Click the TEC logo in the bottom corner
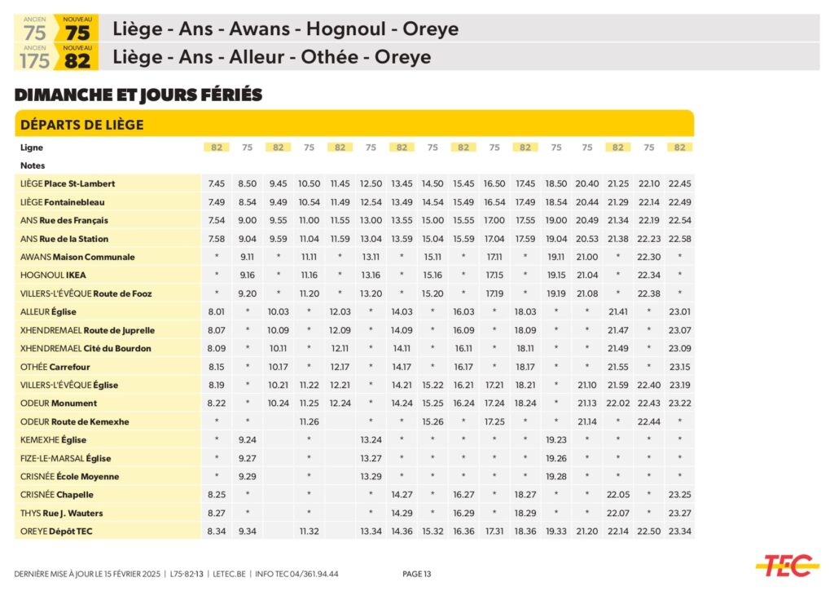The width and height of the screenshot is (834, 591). coord(786,564)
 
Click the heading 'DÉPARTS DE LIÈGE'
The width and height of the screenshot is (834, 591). coord(81,125)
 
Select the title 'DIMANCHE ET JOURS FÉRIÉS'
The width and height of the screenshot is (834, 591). coord(138,95)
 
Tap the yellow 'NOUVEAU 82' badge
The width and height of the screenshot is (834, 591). coord(77,59)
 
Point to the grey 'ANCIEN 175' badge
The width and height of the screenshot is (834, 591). coord(35,59)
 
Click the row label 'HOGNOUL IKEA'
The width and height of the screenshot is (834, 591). coord(53,276)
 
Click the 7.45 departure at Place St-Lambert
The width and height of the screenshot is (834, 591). coord(216,184)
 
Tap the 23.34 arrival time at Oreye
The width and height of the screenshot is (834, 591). coord(679,531)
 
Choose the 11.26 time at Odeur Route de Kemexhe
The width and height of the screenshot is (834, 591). coord(309,422)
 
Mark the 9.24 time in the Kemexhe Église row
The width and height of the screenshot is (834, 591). coord(248,440)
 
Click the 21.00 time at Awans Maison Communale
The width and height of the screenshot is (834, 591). coord(586,258)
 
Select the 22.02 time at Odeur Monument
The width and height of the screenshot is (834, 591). coord(617,404)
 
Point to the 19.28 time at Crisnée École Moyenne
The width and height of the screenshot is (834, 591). coord(555,477)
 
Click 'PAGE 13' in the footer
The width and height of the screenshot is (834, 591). coord(417,574)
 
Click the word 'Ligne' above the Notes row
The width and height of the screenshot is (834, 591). coord(32,148)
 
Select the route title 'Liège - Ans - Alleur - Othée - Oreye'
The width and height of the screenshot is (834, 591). coord(272,58)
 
